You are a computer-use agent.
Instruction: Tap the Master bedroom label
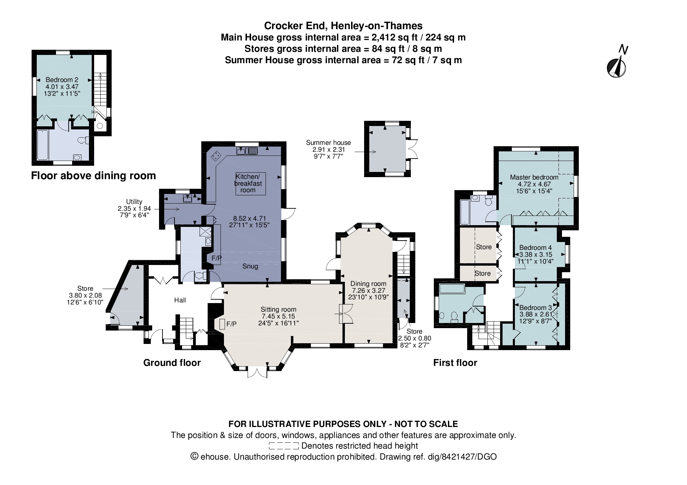[x=534, y=177]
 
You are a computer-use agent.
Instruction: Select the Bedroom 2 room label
[x=62, y=80]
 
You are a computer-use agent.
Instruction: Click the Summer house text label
[x=328, y=143]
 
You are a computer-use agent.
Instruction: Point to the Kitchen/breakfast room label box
[x=250, y=184]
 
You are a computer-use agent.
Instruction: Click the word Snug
[x=250, y=266]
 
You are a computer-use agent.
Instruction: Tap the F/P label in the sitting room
[x=231, y=324]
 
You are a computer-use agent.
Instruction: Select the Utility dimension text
[x=134, y=209]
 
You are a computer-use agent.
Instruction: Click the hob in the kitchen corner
[x=216, y=156]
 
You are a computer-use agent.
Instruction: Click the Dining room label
[x=368, y=284]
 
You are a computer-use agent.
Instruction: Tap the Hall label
[x=180, y=300]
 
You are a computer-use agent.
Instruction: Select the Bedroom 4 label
[x=535, y=248]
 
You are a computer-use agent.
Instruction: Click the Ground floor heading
[x=172, y=363]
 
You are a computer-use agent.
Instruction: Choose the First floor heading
[x=455, y=363]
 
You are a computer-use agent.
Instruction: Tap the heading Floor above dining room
[x=93, y=176]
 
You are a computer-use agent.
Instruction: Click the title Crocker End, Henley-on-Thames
[x=343, y=26]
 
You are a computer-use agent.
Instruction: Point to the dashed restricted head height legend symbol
[x=284, y=446]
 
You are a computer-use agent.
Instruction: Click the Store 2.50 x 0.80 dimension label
[x=414, y=338]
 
